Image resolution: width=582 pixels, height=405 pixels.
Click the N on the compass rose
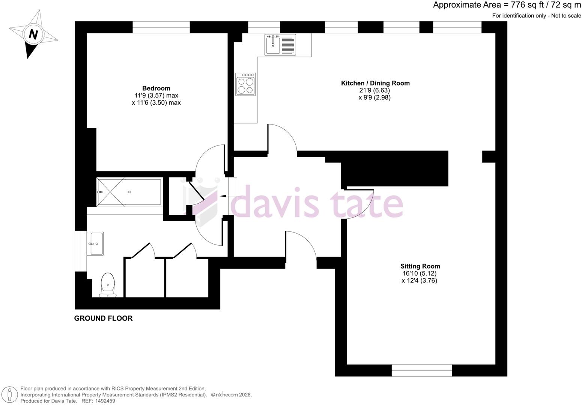(33, 34)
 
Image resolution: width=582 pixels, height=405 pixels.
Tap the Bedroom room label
(156, 88)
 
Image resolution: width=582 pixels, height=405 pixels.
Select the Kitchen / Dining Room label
(375, 83)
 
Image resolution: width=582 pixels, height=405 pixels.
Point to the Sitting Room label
(420, 266)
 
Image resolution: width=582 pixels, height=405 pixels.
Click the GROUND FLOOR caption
(104, 318)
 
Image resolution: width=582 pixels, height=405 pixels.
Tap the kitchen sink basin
(273, 45)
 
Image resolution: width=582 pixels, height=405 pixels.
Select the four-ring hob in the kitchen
(245, 84)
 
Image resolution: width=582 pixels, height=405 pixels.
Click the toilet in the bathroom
(108, 285)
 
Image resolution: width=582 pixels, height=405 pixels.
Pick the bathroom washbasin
(95, 243)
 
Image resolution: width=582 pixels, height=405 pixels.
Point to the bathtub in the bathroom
(129, 192)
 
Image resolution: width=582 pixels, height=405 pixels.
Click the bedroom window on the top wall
(161, 27)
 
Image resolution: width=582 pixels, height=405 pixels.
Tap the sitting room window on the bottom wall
(422, 370)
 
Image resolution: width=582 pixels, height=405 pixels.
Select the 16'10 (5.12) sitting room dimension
(420, 273)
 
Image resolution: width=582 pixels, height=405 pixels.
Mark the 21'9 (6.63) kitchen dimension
(374, 90)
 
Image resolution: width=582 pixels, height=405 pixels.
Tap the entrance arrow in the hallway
(230, 196)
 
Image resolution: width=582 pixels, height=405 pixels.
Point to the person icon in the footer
(10, 395)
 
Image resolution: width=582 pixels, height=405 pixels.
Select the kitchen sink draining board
(288, 45)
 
